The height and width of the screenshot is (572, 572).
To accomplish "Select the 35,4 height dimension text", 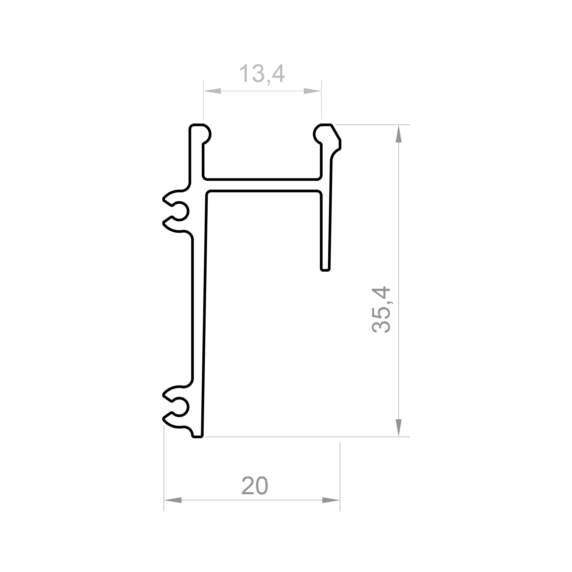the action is click(381, 310).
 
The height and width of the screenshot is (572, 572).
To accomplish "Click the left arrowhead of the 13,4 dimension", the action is click(212, 91).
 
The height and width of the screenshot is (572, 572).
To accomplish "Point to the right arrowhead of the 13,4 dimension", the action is click(313, 91).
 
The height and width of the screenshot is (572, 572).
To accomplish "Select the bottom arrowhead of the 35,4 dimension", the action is click(399, 428).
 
